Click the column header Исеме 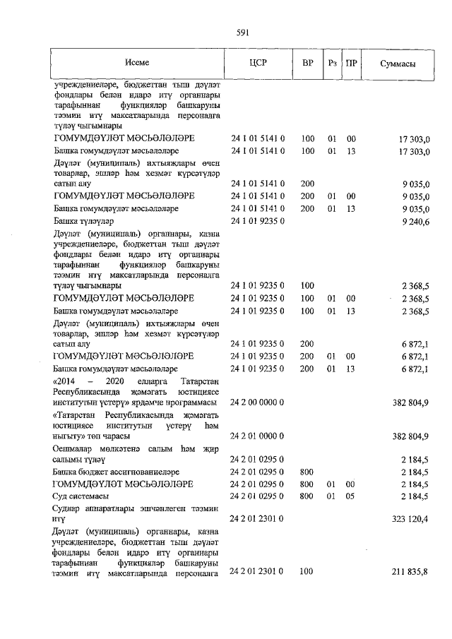click(138, 63)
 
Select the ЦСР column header click(257, 63)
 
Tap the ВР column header click(307, 63)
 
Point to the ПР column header click(351, 63)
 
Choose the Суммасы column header click(397, 64)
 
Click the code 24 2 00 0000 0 click(258, 402)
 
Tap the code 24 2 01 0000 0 click(258, 435)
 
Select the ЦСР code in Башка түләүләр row click(258, 222)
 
